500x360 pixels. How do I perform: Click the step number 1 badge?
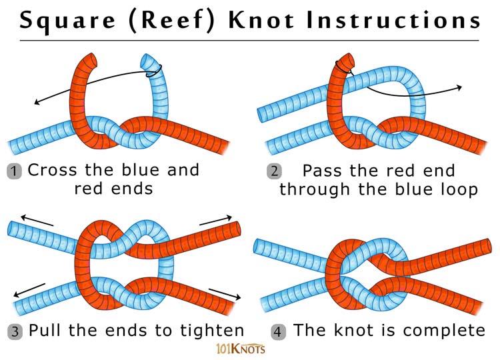[15, 171]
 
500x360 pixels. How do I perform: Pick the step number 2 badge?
[274, 171]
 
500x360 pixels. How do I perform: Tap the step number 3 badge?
[15, 331]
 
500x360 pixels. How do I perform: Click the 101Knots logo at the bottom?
[241, 347]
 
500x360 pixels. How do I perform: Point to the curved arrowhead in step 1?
[37, 102]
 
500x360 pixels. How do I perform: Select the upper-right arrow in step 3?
[227, 219]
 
